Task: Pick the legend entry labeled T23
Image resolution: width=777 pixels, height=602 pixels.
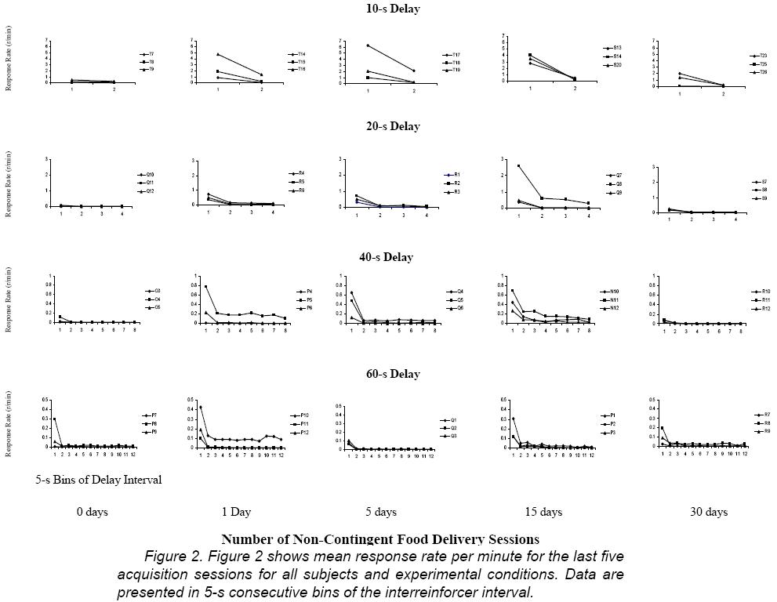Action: tap(759, 56)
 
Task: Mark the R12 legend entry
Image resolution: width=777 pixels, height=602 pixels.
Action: tap(761, 309)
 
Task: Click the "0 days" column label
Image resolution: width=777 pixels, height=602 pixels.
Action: tap(93, 512)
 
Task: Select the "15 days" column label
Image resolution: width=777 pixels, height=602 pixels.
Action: tap(543, 512)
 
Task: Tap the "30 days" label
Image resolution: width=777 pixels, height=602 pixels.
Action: tap(708, 512)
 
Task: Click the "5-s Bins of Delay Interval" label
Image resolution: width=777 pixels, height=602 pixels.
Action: tap(99, 480)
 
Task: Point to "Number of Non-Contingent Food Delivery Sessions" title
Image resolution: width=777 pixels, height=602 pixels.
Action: tap(380, 539)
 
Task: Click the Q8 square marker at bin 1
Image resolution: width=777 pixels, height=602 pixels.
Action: tap(519, 166)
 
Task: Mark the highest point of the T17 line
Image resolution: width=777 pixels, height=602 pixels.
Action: tap(368, 45)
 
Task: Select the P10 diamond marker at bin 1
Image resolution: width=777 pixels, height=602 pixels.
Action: tap(201, 407)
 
